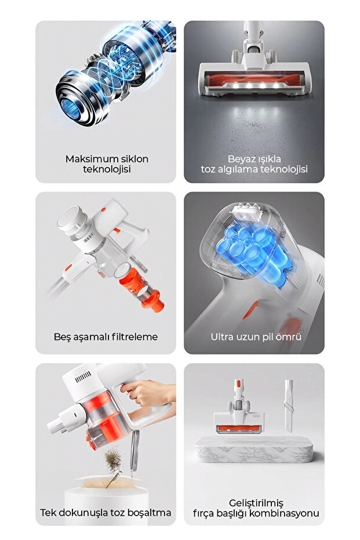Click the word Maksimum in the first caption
point(85,158)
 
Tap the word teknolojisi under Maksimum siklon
point(107,169)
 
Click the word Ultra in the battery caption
point(223,336)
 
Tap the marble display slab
point(256,450)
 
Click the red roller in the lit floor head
point(254,77)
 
